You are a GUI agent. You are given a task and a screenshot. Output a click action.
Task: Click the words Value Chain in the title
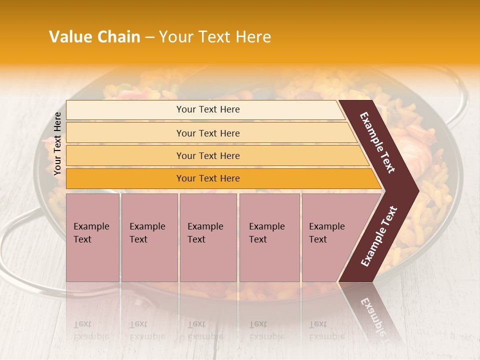coord(94,37)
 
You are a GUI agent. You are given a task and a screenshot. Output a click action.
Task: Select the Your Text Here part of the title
coord(215,37)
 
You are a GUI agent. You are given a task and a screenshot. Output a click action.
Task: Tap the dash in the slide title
coord(149,37)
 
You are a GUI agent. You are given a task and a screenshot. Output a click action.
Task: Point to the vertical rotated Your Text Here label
coord(57,144)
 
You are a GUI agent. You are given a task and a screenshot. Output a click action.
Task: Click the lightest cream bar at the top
coord(207,109)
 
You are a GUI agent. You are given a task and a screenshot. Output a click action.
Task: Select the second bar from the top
coord(207,133)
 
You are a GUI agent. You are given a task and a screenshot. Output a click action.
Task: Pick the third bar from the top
coord(207,155)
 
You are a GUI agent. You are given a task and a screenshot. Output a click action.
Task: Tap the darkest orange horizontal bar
coord(207,178)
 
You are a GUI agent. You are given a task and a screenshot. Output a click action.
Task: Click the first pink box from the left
coord(92,237)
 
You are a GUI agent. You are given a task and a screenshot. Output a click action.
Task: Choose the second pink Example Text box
coord(149,237)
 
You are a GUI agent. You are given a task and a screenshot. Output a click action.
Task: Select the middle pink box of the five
coord(208,237)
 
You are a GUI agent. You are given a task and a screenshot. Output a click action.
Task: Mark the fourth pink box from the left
coord(269,237)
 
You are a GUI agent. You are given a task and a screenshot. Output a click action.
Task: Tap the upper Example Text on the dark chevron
coord(377,142)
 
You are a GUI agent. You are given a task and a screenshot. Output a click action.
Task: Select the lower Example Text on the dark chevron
coord(379,236)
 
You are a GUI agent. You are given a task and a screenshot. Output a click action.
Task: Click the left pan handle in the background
coord(15,240)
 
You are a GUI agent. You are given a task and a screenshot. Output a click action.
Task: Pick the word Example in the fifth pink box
coord(326,226)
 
